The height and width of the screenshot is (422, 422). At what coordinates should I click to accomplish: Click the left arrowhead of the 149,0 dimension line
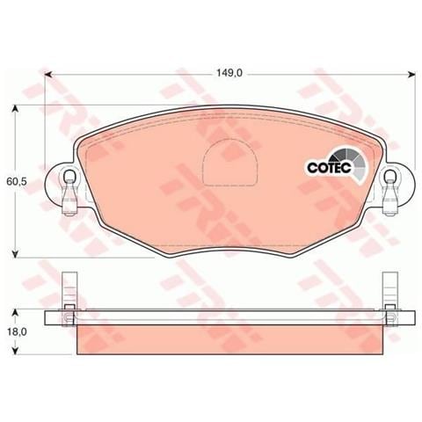(x=49, y=75)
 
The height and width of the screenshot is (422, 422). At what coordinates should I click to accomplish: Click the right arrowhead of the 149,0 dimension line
(x=408, y=75)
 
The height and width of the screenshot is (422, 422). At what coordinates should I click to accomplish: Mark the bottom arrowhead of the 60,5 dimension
(x=15, y=254)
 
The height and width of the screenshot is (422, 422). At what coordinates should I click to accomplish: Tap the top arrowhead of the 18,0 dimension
(x=15, y=311)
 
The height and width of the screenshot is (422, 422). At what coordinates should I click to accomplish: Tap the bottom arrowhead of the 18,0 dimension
(x=15, y=356)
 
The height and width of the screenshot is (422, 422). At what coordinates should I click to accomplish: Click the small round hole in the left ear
(x=69, y=184)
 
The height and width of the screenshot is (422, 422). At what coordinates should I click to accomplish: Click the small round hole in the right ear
(x=389, y=184)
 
